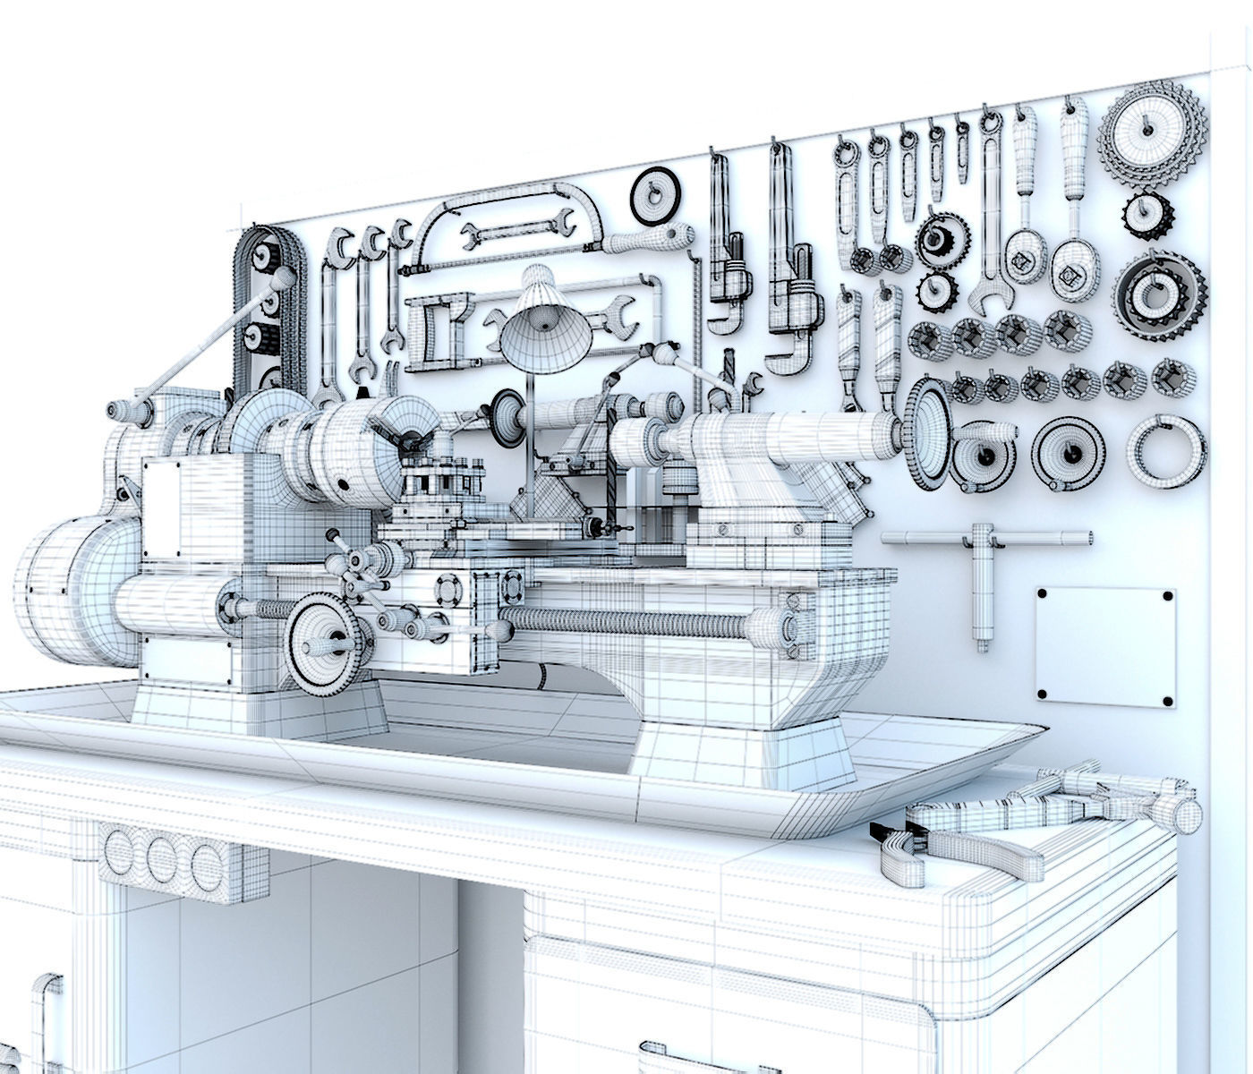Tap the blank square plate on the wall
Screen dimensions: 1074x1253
click(x=1104, y=644)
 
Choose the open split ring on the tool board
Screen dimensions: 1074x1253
click(x=1163, y=448)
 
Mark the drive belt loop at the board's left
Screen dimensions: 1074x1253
click(x=267, y=304)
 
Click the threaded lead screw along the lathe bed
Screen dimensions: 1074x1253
click(x=626, y=622)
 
